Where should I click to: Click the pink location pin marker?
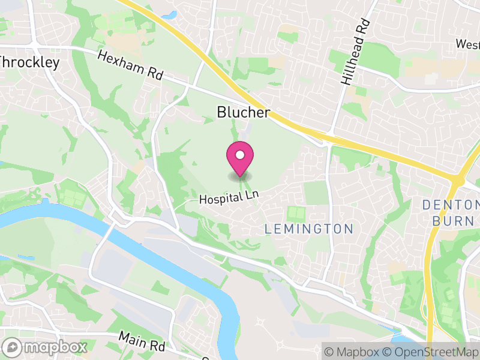click(x=240, y=160)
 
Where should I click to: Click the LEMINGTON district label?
click(x=309, y=229)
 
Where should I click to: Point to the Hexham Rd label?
click(x=130, y=65)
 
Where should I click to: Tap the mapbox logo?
click(x=46, y=347)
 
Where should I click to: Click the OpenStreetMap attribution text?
click(x=431, y=352)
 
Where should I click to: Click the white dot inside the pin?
click(x=240, y=155)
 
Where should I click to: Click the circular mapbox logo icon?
click(x=13, y=347)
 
